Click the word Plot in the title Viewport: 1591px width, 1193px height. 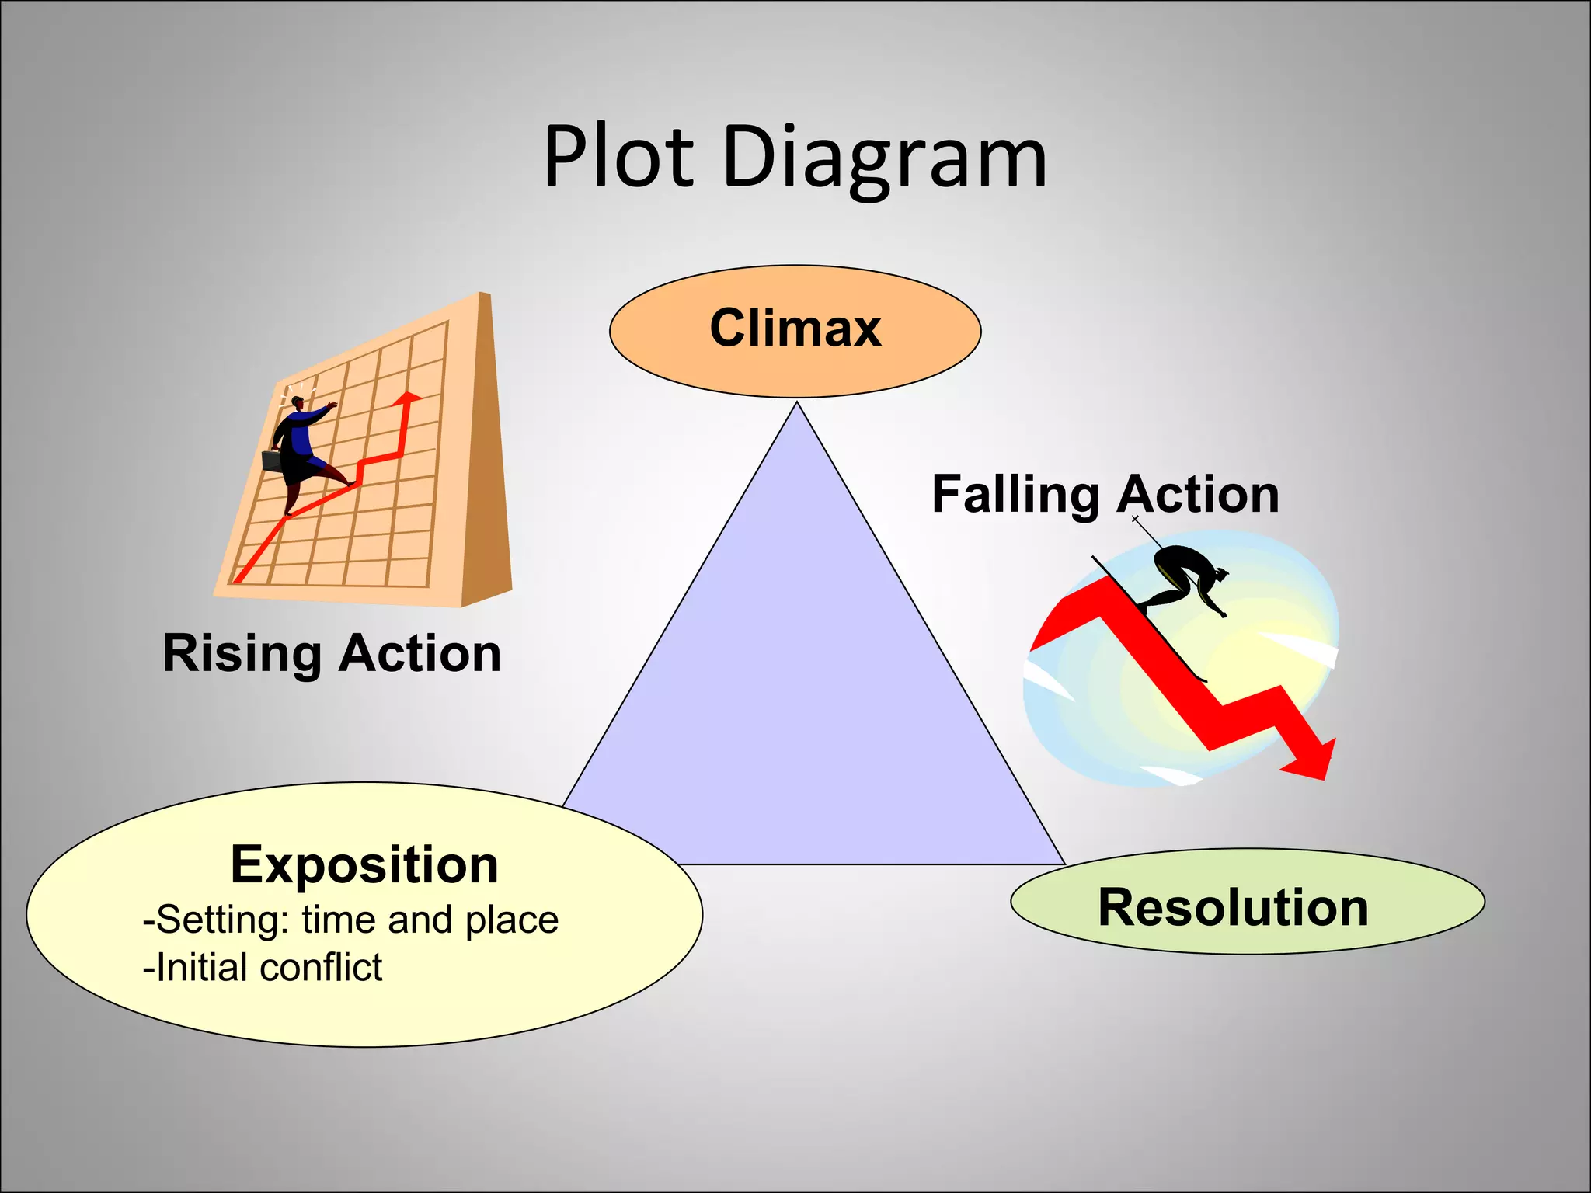tap(618, 158)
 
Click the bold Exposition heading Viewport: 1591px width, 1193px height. tap(364, 864)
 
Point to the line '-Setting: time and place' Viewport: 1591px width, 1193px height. tap(350, 920)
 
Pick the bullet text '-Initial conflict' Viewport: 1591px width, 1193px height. tap(263, 968)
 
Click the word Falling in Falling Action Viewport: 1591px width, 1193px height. tap(1015, 494)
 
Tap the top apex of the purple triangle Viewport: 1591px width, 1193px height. tap(797, 405)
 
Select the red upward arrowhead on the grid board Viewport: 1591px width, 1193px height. tap(406, 398)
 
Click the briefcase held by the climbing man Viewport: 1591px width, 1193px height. tap(271, 461)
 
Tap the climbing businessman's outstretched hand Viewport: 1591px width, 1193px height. tap(332, 405)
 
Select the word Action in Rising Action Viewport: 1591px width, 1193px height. tap(420, 653)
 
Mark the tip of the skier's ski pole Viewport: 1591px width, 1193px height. tap(1135, 518)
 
